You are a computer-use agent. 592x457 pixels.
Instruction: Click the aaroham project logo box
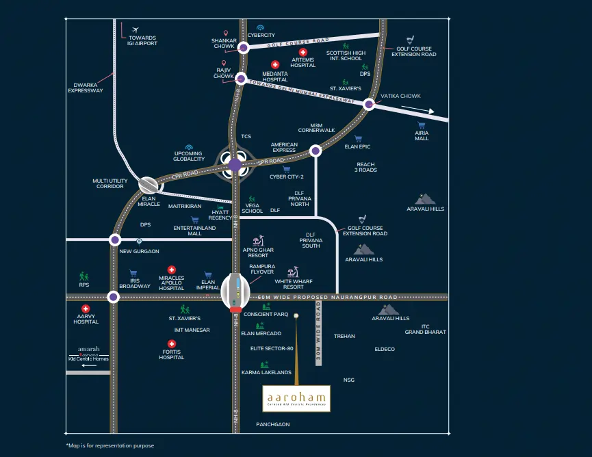296,398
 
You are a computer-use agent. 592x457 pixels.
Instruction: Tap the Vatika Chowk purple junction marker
369,104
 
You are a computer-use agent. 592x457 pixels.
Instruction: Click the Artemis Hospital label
303,62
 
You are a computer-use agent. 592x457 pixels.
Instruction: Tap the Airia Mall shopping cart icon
422,125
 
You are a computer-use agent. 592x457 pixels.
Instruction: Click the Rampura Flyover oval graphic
235,290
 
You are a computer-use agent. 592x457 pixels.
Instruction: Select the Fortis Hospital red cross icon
172,344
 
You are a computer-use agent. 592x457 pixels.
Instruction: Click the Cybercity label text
261,35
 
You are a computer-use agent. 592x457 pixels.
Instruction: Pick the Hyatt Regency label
220,215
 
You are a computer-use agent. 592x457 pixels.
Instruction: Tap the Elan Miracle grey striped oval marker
149,184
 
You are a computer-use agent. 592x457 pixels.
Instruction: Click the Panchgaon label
272,424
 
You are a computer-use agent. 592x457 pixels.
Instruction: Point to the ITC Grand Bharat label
425,329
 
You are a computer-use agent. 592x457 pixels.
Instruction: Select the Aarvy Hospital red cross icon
86,309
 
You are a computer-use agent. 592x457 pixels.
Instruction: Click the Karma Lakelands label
266,372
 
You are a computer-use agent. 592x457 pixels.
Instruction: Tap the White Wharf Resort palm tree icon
296,270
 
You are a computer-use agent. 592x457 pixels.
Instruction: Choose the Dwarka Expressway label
86,88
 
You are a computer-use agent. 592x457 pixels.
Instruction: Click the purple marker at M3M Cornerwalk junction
315,150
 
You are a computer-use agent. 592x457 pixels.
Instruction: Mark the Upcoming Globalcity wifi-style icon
189,147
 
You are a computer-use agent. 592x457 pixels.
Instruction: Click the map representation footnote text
110,445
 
